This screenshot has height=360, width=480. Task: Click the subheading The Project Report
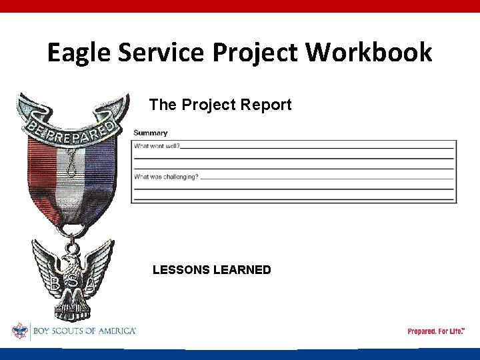[220, 105]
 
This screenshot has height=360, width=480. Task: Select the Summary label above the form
[151, 133]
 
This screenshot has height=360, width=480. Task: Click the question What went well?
[157, 145]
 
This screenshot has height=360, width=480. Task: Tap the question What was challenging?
[166, 177]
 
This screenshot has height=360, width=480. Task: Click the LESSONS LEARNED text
[211, 270]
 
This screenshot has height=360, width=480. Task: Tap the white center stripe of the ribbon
[69, 180]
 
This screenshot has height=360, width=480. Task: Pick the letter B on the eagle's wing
[55, 283]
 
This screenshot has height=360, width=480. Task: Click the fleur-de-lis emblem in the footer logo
[19, 331]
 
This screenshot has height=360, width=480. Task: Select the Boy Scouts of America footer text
[83, 331]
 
